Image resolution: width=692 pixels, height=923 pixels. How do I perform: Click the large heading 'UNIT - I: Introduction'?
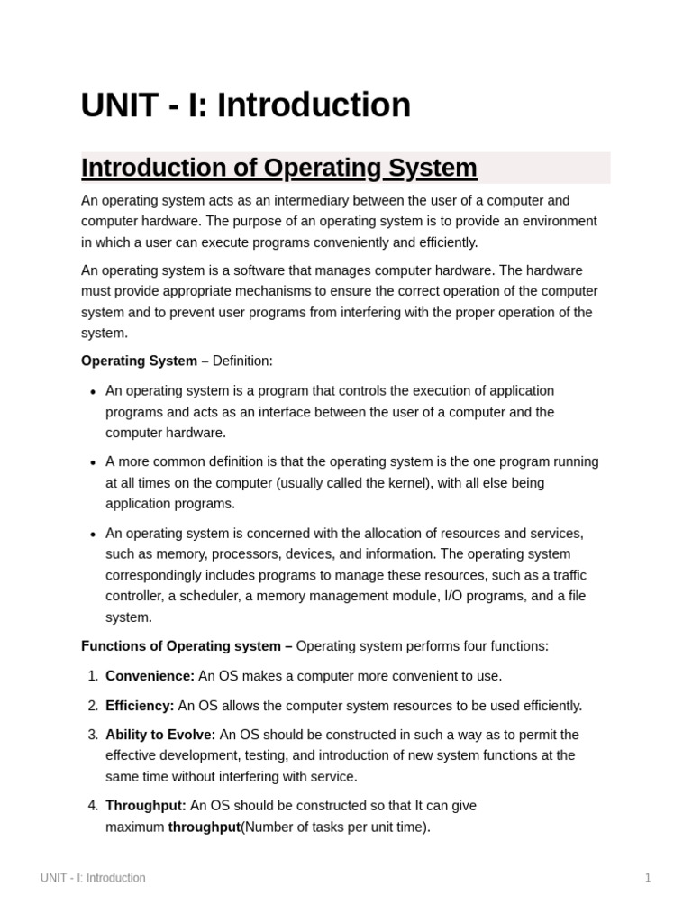pyautogui.click(x=245, y=105)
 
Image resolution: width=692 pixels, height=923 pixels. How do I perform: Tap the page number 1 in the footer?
pyautogui.click(x=647, y=878)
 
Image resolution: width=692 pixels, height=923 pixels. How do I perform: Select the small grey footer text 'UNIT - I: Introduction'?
pyautogui.click(x=93, y=878)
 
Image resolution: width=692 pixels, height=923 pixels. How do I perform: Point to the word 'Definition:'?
pyautogui.click(x=241, y=361)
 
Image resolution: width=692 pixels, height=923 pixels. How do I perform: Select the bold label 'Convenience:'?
pyautogui.click(x=150, y=676)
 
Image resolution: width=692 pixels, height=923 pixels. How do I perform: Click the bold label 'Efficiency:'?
pyautogui.click(x=140, y=706)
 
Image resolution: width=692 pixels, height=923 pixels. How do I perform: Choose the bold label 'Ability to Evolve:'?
pyautogui.click(x=160, y=735)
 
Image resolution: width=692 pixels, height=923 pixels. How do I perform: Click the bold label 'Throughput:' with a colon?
pyautogui.click(x=146, y=806)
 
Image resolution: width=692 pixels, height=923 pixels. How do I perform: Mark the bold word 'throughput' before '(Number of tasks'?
pyautogui.click(x=204, y=827)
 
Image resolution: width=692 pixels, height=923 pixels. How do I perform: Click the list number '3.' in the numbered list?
pyautogui.click(x=93, y=735)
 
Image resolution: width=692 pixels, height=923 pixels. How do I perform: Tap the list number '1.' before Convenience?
pyautogui.click(x=93, y=676)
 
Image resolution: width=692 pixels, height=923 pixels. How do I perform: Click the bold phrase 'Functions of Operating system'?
pyautogui.click(x=180, y=646)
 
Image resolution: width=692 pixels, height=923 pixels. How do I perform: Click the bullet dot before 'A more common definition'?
pyautogui.click(x=94, y=462)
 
